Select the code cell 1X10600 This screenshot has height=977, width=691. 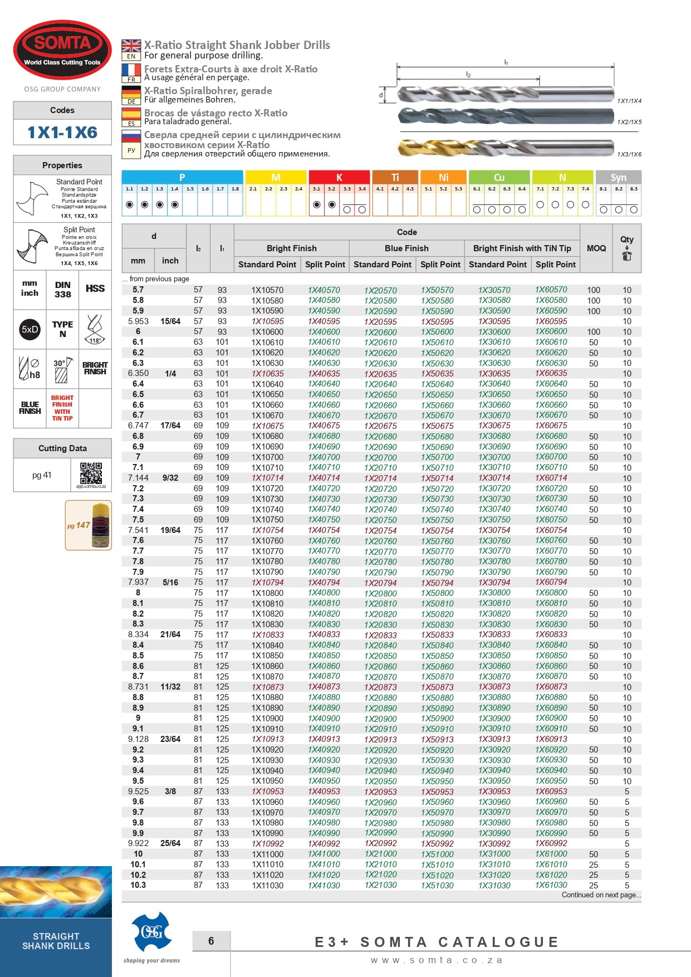click(x=267, y=331)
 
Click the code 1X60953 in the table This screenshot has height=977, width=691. click(x=551, y=791)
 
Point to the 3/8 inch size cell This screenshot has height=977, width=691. click(x=170, y=791)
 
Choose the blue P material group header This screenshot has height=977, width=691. click(x=182, y=177)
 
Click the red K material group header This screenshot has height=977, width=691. click(x=339, y=177)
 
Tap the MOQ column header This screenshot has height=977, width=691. click(x=596, y=248)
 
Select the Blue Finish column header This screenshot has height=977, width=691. click(x=406, y=248)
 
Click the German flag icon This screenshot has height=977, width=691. click(x=131, y=92)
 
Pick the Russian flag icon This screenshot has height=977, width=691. click(x=131, y=136)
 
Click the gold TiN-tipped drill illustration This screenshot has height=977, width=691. click(x=504, y=148)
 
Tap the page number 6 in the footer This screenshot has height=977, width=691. click(x=211, y=941)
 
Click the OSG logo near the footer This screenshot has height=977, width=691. click(x=151, y=932)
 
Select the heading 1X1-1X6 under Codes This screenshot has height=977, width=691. click(x=62, y=133)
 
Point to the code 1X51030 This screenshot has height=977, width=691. click(x=437, y=886)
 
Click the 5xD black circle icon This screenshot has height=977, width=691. click(x=30, y=329)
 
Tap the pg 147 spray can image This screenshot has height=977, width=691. click(x=89, y=525)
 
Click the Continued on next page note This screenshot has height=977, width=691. click(x=601, y=895)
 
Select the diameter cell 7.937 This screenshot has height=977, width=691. click(x=138, y=582)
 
